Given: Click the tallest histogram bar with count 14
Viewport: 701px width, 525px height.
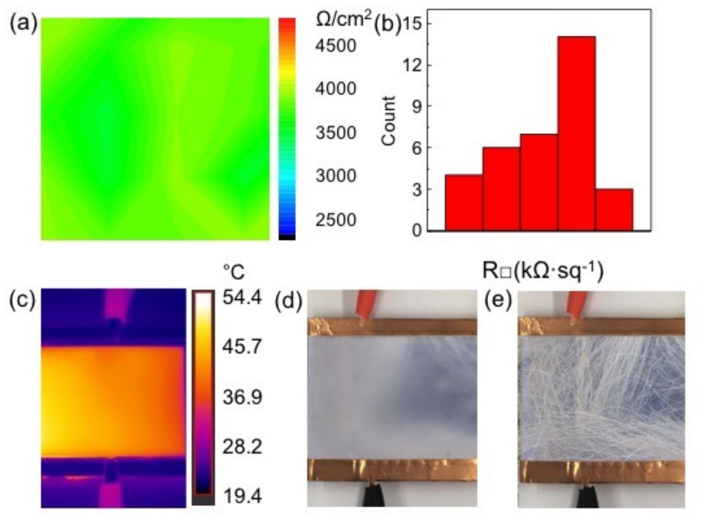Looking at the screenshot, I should coord(576,133).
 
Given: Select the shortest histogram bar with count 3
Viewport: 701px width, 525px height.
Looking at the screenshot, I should coord(614,210).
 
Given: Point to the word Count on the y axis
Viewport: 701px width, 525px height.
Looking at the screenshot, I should coord(389,120).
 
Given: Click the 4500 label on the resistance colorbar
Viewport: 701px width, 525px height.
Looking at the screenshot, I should coord(335,46).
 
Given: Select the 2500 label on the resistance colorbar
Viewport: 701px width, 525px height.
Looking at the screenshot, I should coord(335,220).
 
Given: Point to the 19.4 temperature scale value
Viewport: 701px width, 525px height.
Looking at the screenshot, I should coord(242,497).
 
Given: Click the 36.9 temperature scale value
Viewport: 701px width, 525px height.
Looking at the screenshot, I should coord(242,397).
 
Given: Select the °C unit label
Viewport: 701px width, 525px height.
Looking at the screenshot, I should coord(234,272).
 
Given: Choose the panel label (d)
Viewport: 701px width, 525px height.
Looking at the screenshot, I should coord(289,301).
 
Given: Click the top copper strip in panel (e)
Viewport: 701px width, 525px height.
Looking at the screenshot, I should coord(601,326).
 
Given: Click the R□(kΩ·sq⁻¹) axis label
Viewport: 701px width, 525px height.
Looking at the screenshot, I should coord(543,271).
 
